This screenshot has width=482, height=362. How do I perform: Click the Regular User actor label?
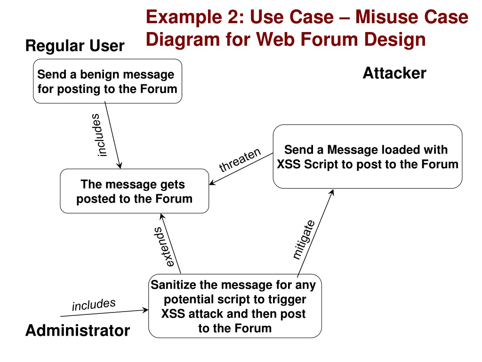coord(75,46)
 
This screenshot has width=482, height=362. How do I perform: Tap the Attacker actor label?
coord(394,73)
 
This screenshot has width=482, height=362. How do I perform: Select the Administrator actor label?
coord(78,330)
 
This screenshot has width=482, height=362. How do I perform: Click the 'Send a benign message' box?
coord(107,81)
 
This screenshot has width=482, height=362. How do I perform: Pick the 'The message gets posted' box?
coord(134,191)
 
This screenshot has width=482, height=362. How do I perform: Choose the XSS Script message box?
coord(367,156)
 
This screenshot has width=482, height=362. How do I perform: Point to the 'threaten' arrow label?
coord(240,160)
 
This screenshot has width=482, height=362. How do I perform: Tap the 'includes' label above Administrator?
coord(94,305)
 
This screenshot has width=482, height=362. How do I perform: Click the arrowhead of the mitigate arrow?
coord(332,192)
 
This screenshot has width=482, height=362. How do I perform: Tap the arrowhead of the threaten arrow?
coord(212,183)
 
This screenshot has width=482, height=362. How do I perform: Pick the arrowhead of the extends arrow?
coord(161,216)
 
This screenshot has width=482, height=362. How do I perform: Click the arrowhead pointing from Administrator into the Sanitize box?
coord(145,310)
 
